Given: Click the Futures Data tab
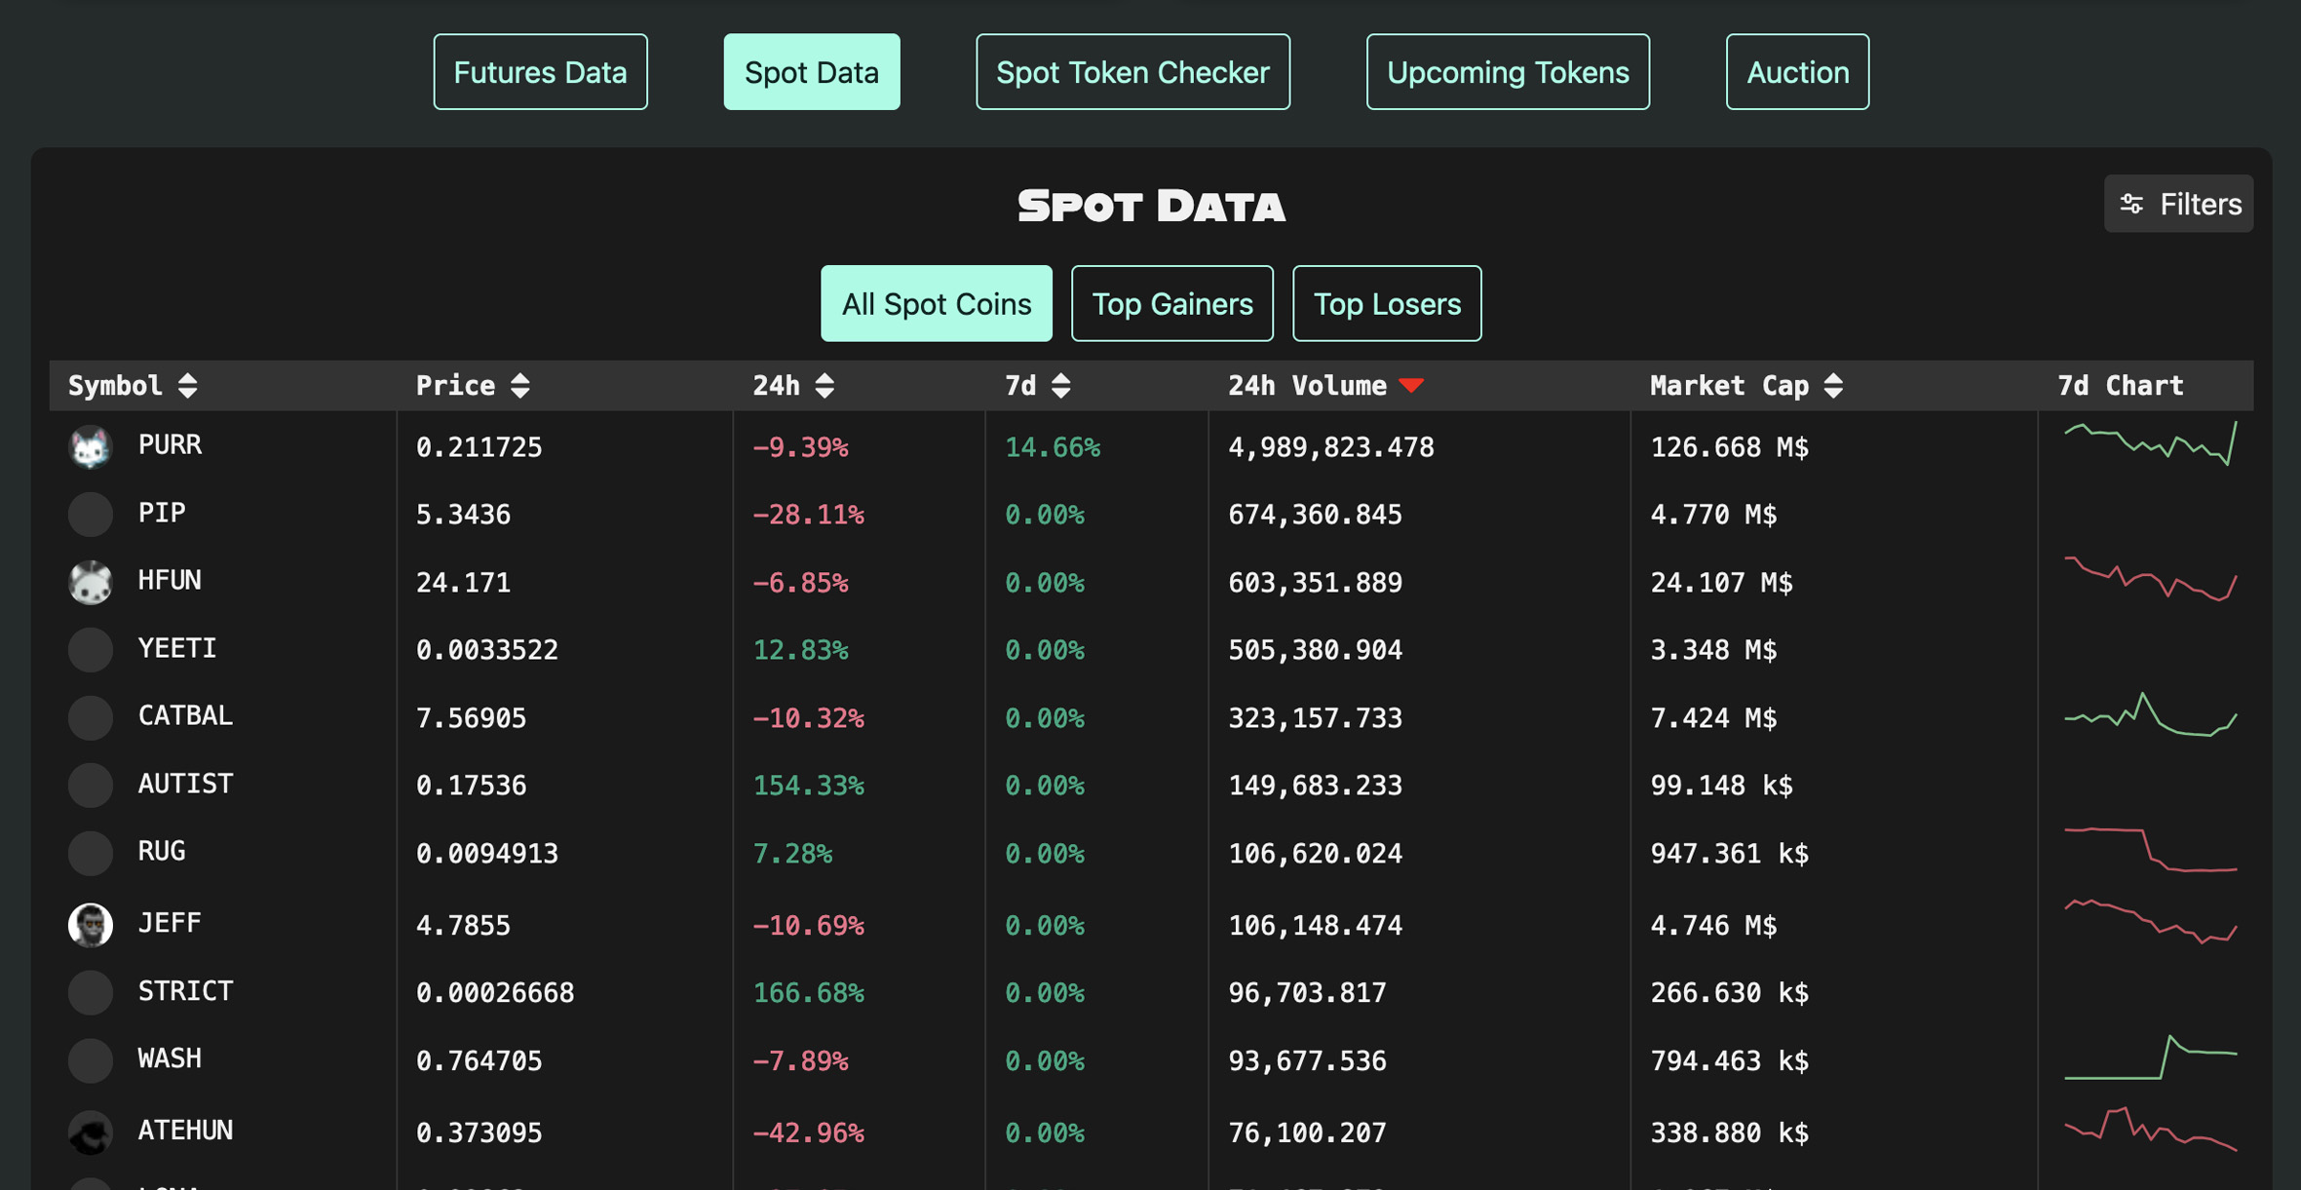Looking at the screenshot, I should point(540,72).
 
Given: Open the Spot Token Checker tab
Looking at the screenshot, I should point(1132,72).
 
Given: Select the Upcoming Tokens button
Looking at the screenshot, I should point(1507,72).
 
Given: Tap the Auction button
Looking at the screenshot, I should point(1796,72).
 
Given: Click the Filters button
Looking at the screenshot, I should point(2178,204).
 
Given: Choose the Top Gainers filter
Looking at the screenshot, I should point(1171,304).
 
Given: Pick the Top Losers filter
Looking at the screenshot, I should point(1386,304).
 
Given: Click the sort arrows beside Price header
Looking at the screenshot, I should point(520,386).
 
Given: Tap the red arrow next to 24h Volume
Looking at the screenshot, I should point(1411,386).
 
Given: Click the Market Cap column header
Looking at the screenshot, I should point(1729,386).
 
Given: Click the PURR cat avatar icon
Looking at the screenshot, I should point(91,447).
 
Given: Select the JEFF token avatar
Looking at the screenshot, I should point(91,924).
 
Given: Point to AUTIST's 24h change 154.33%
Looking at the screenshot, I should point(808,786).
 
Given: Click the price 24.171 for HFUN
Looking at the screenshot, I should point(463,583).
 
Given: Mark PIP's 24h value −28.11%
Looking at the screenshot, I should point(808,515).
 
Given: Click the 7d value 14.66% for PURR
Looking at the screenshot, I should point(1053,447).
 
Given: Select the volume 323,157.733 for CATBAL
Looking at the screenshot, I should point(1315,718).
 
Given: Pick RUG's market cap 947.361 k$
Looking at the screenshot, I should point(1729,854).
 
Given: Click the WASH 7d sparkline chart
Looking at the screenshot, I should point(2150,1058).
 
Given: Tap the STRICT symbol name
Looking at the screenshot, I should point(185,991).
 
